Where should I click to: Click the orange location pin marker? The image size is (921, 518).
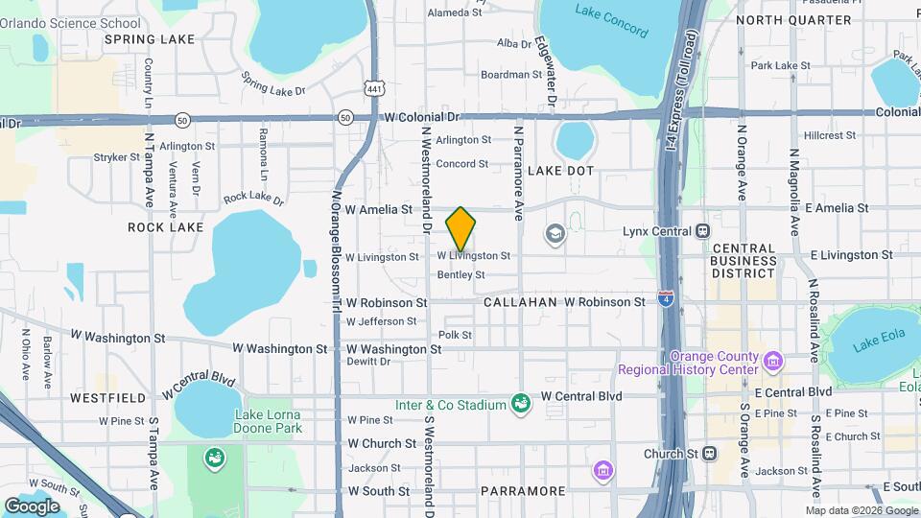click(461, 229)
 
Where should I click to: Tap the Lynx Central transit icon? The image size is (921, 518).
click(703, 230)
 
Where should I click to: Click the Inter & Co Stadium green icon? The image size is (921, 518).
click(521, 405)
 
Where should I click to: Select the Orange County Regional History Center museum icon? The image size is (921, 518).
click(774, 362)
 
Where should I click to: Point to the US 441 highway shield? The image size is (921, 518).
click(373, 87)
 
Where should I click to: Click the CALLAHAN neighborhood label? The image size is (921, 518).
click(520, 302)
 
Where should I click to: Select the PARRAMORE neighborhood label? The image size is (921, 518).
click(523, 491)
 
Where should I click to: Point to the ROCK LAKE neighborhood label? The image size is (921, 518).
click(166, 227)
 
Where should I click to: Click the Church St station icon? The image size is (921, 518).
click(709, 453)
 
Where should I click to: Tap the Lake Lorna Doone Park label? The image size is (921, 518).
click(268, 421)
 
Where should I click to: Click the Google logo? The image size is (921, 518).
click(32, 506)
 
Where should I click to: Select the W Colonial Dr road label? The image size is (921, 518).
click(422, 116)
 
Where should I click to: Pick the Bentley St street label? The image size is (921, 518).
click(460, 275)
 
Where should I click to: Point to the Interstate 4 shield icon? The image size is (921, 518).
click(666, 298)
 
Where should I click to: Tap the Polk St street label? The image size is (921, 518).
click(455, 335)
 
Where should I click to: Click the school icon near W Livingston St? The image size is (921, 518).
click(555, 233)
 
